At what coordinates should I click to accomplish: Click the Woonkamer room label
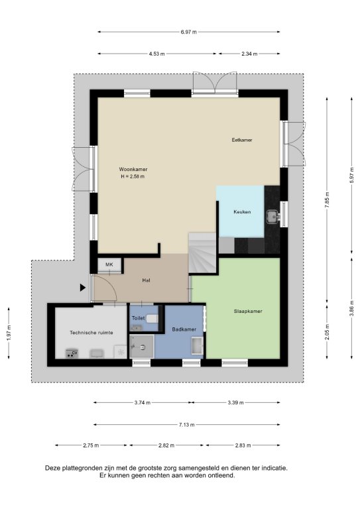pos(133,169)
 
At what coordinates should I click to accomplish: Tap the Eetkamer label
pos(242,140)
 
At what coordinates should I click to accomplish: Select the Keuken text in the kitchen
pos(242,212)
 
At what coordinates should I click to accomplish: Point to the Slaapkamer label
pos(248,311)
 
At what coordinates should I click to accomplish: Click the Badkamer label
pos(184,329)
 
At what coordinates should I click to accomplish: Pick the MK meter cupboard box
pos(109,265)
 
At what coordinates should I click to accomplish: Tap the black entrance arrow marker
pos(83,287)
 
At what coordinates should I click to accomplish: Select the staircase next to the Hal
pos(203,253)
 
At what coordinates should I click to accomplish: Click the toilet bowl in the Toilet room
pos(152,319)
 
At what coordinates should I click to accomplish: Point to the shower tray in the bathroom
pos(142,347)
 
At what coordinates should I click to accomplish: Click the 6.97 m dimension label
pos(188,32)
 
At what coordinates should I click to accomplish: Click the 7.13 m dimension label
pos(187,425)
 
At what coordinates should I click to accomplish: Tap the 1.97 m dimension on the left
pos(9,333)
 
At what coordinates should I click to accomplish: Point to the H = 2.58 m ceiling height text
pos(133,176)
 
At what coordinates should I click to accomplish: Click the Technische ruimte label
pos(91,333)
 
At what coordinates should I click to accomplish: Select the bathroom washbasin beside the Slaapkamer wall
pos(198,346)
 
